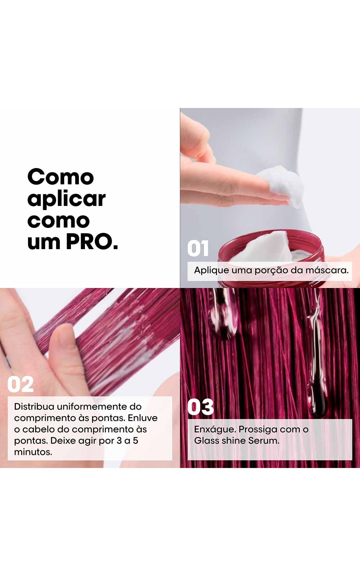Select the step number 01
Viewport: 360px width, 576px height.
[x=198, y=248]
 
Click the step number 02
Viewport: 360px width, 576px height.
[x=21, y=384]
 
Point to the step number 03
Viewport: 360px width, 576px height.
[x=201, y=407]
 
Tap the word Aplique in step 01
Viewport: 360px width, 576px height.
[x=211, y=271]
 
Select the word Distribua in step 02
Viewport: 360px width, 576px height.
[x=34, y=406]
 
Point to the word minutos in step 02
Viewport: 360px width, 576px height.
[x=33, y=452]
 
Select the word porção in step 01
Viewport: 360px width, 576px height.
[x=271, y=271]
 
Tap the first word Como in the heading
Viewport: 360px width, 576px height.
[x=61, y=177]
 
